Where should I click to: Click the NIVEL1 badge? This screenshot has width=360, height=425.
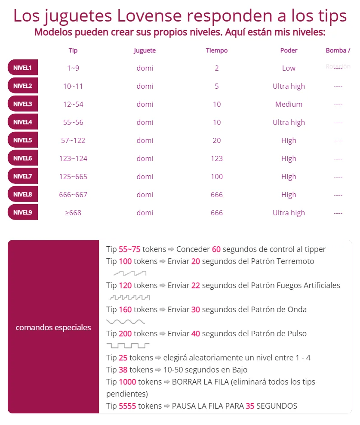click(22, 68)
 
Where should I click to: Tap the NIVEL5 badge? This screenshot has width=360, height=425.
click(22, 140)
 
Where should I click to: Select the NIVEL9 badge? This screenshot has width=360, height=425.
click(22, 212)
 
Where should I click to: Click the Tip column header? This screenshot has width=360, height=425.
click(73, 50)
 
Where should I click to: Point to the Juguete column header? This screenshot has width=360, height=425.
click(145, 50)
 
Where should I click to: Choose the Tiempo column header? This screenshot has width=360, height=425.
click(217, 50)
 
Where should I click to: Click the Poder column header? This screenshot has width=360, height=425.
click(289, 50)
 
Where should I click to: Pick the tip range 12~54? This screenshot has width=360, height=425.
click(73, 104)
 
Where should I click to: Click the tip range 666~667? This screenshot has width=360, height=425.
click(73, 195)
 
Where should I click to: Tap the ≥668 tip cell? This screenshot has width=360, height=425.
click(73, 213)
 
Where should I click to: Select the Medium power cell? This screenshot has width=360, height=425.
click(289, 104)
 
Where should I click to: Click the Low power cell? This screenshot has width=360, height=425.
click(289, 68)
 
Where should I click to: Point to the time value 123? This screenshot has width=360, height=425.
click(217, 158)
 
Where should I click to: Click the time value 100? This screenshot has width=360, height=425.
click(217, 177)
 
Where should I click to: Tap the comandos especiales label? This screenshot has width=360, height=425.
click(53, 327)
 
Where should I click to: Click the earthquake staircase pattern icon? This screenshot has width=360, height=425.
click(130, 273)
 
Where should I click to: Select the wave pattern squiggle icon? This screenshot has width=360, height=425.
click(126, 321)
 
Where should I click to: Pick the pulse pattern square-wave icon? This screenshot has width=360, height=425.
click(128, 345)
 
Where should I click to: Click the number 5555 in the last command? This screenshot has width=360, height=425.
click(127, 406)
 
